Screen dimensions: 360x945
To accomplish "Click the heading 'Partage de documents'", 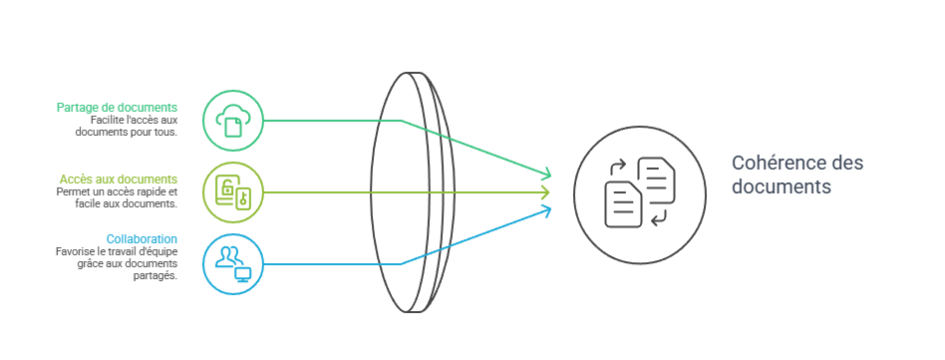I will tap(117, 107).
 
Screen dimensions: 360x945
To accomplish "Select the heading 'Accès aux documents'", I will tap(118, 180).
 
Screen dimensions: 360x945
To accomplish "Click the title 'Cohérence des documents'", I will tap(796, 175).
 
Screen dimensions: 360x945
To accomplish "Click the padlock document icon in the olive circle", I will tap(232, 191).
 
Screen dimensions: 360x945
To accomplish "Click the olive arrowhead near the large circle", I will tap(547, 191).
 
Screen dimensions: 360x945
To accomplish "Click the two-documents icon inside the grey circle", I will tap(640, 193).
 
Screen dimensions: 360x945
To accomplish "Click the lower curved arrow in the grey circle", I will tap(658, 218).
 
